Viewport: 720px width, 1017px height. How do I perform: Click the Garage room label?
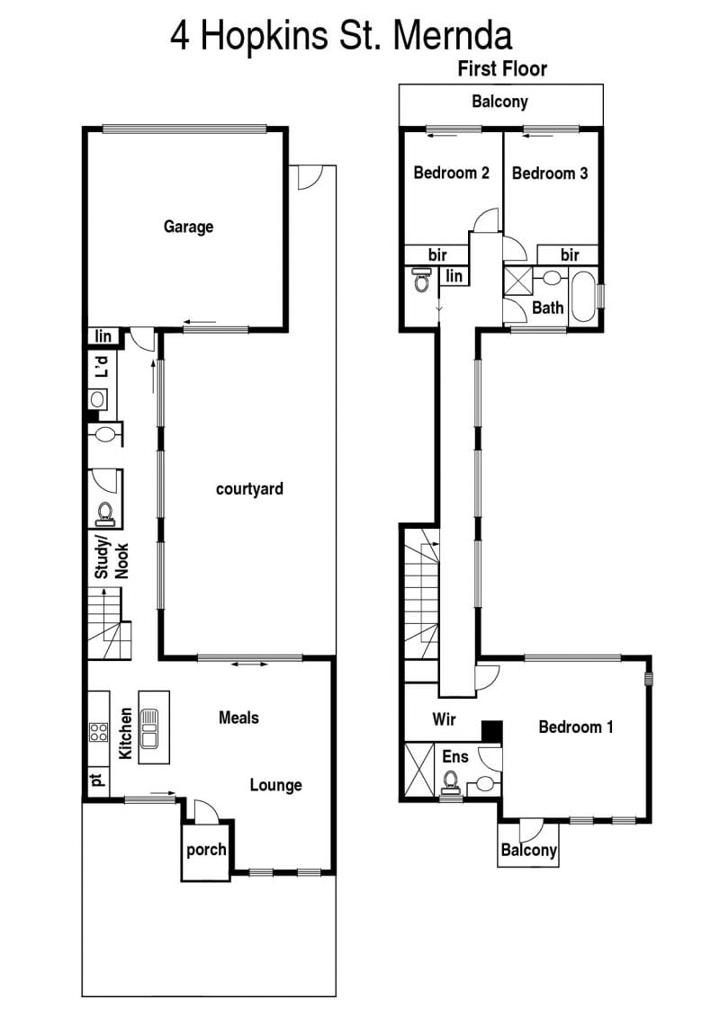coord(188,227)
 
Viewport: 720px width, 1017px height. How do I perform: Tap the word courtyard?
coord(249,489)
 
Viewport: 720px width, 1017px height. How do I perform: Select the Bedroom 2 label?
coord(451,173)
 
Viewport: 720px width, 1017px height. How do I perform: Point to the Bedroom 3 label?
coord(550,174)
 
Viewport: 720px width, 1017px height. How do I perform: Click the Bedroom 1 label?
coord(576,727)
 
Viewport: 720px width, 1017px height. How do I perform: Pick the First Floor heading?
coord(502,68)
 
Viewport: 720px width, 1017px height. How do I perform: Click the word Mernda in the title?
coord(453,36)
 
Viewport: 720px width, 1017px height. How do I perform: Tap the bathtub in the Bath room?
coord(584,297)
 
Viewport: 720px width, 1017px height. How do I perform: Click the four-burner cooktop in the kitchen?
coord(99,732)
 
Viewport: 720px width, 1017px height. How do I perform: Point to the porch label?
coord(206,850)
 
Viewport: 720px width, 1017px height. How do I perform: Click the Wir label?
coord(444,718)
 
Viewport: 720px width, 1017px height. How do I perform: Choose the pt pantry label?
coord(97,780)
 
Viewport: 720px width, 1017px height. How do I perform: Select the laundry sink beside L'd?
coord(97,399)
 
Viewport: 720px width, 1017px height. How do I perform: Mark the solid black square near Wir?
coord(491,731)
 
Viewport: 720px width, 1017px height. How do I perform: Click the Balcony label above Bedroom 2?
coord(499,102)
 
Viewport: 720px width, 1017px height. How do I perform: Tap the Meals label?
coord(238,718)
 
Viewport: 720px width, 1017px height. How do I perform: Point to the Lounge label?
coord(276,785)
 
